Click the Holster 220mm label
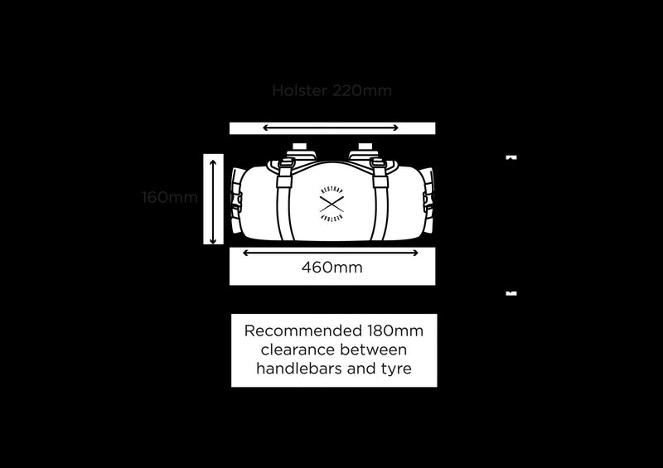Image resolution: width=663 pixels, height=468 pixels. (x=331, y=90)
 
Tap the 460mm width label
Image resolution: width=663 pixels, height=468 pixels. (x=331, y=268)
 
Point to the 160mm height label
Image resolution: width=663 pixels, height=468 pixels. (x=169, y=197)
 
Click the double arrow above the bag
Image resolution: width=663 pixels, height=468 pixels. (x=331, y=128)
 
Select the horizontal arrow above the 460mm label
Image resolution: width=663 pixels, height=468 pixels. (x=331, y=253)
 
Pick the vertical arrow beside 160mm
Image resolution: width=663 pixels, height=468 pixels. (x=214, y=201)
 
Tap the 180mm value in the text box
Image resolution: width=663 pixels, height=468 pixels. (x=395, y=330)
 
